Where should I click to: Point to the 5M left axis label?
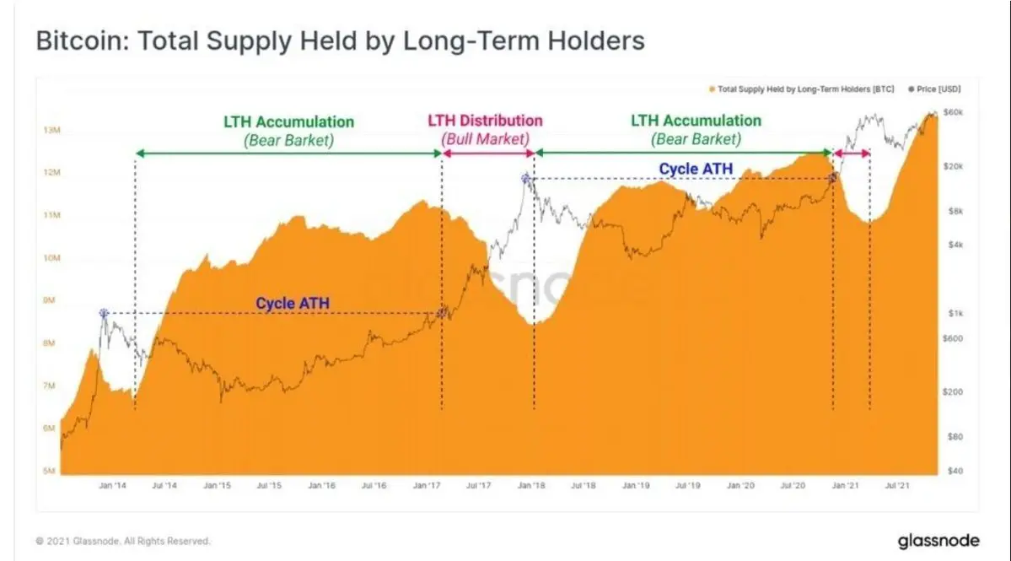[51, 471]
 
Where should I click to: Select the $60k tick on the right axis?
[953, 111]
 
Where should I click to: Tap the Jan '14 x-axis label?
[111, 486]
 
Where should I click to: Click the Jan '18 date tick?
[530, 486]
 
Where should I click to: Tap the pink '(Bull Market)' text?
[486, 138]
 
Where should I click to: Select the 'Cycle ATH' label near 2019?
[696, 169]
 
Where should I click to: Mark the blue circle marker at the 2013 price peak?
[104, 313]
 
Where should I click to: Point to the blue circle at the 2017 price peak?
[526, 178]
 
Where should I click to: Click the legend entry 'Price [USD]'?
[938, 89]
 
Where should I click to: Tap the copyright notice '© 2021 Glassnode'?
[123, 541]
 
